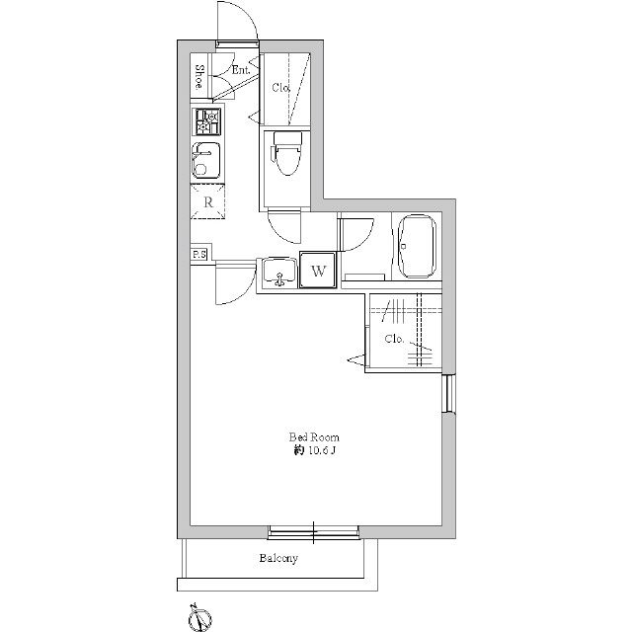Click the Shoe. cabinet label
coord(198,77)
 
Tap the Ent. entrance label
coord(241,70)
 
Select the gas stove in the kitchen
coord(207,121)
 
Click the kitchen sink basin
coord(206,160)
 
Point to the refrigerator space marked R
coord(207,201)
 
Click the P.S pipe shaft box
coord(199,255)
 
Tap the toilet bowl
coord(287,153)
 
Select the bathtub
coord(417,246)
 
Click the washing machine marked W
coord(318,271)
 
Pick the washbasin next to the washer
coord(278,272)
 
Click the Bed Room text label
coord(314,437)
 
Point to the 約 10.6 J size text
coord(314,451)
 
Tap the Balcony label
coord(278,558)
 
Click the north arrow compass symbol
coord(200,616)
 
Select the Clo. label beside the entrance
coord(280,87)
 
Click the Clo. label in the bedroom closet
coord(394,339)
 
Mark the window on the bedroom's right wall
coord(448,393)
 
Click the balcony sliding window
coord(314,532)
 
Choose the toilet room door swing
coord(284,227)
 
